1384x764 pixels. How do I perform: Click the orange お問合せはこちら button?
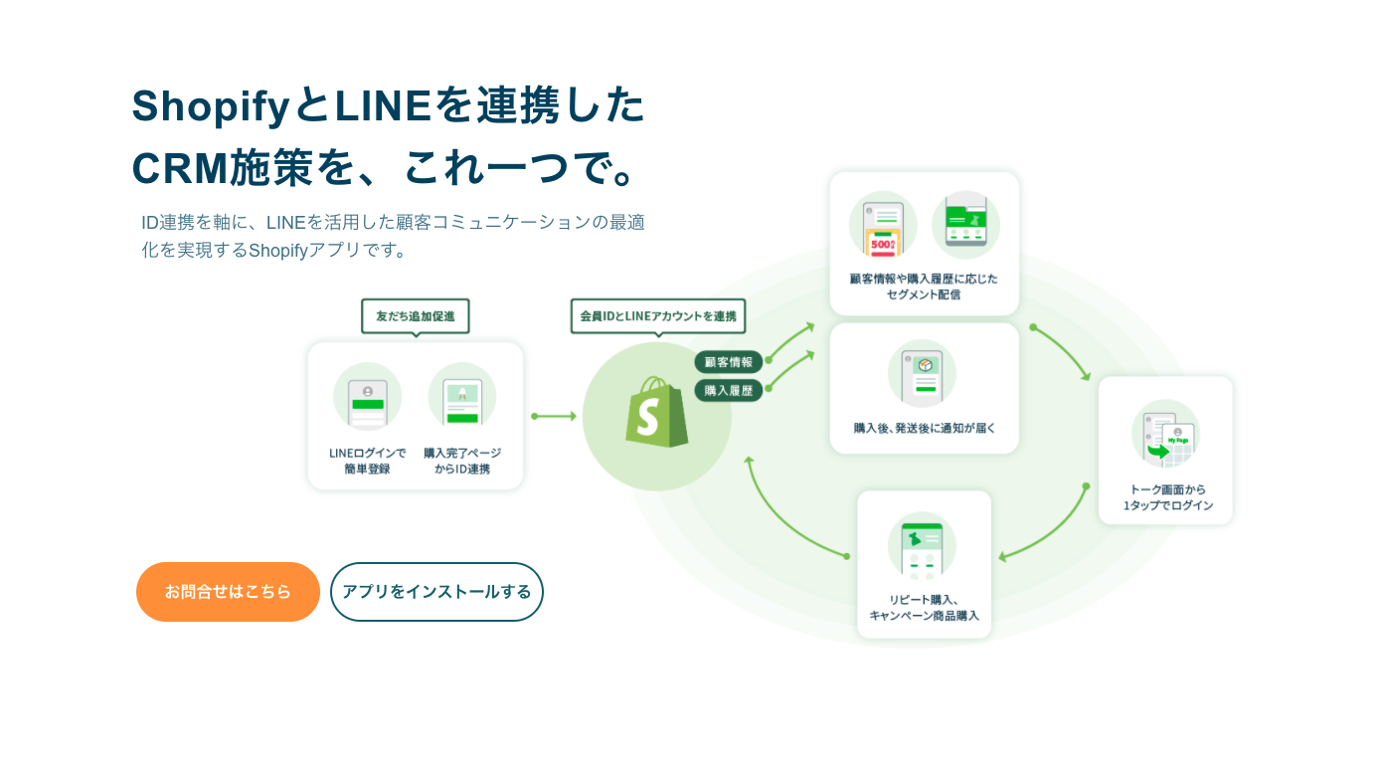pos(228,592)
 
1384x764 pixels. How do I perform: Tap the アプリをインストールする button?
pos(436,592)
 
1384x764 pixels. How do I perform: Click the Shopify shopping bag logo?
pos(656,412)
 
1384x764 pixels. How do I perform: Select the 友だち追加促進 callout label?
pos(415,316)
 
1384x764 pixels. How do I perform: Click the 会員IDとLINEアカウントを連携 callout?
pos(658,316)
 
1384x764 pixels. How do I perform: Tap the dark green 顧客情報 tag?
pos(728,362)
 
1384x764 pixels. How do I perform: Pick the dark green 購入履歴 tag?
pos(728,391)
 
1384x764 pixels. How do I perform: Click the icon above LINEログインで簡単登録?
pos(368,396)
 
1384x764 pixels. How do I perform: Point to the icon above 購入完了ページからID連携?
pos(462,396)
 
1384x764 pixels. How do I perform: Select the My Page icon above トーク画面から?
pos(1165,435)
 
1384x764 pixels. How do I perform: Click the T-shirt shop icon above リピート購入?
pos(922,546)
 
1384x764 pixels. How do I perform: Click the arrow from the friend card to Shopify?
pos(554,416)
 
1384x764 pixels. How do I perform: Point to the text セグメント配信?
pos(924,295)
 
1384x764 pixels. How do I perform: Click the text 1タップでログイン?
pos(1168,505)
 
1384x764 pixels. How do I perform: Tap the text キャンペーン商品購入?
pos(924,616)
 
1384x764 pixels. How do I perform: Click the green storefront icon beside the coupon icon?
pos(965,224)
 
